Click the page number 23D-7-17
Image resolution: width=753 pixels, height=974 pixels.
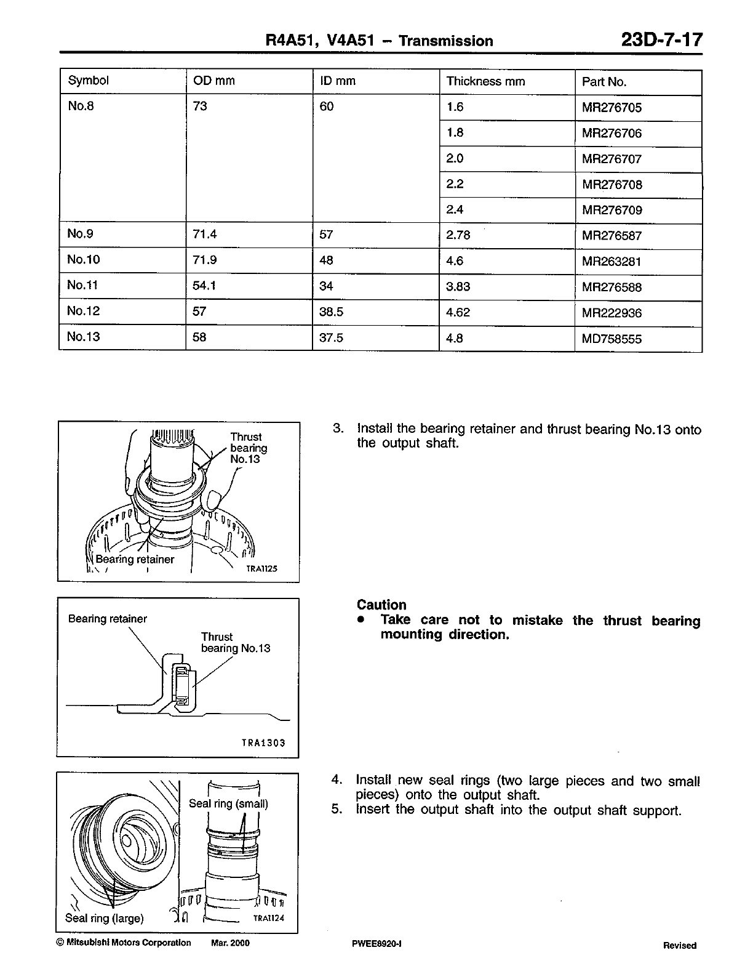click(x=661, y=41)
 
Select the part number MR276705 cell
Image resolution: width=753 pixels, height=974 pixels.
click(x=612, y=108)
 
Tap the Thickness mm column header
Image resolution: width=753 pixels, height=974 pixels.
click(x=485, y=81)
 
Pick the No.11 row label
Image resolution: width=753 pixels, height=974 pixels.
click(x=83, y=285)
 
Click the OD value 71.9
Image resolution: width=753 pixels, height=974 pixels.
click(x=205, y=260)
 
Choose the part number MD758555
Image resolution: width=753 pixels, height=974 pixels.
click(x=612, y=339)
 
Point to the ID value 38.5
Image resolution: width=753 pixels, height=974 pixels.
click(x=332, y=312)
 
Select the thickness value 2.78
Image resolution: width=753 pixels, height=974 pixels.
click(x=458, y=235)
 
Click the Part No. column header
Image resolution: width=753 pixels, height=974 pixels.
click(x=604, y=82)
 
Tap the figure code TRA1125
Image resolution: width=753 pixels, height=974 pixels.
click(x=261, y=569)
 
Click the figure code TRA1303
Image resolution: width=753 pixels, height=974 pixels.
click(x=263, y=743)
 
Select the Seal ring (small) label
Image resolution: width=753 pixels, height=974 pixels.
click(x=228, y=803)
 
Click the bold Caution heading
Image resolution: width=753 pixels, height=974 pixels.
click(x=381, y=605)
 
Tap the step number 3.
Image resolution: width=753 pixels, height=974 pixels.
click(x=337, y=429)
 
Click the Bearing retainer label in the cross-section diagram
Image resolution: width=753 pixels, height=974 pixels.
click(x=108, y=619)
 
